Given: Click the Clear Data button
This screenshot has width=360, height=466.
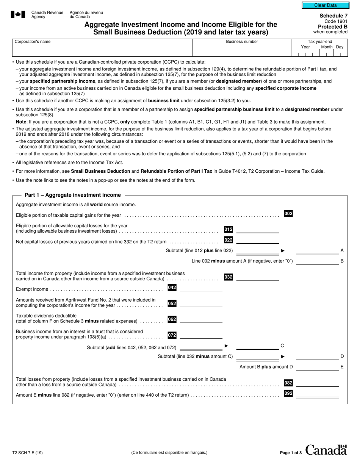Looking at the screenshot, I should click(325, 5).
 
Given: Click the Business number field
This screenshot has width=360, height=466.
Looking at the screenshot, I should click(242, 48).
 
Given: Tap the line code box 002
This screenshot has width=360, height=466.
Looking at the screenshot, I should click(288, 214).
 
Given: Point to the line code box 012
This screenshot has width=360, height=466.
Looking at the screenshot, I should click(229, 229).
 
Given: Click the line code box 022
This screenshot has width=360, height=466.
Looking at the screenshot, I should click(229, 240).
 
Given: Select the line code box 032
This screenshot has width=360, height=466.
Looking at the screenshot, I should click(229, 277).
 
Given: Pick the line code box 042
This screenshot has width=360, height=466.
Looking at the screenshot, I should click(172, 288).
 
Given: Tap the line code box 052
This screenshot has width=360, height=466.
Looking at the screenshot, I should click(172, 303).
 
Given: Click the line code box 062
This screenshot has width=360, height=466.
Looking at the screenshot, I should click(172, 319).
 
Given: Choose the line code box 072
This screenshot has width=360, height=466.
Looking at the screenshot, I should click(172, 335).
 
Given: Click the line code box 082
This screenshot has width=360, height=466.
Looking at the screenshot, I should click(288, 383).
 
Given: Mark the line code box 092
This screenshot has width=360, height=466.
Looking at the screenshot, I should click(288, 394).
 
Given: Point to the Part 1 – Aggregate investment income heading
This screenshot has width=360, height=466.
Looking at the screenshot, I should click(73, 195).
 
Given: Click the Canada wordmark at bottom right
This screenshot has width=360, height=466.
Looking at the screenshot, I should click(326, 450).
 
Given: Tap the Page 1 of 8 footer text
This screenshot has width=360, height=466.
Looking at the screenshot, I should click(291, 453).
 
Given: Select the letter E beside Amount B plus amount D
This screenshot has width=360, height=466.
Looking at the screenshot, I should click(342, 367).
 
